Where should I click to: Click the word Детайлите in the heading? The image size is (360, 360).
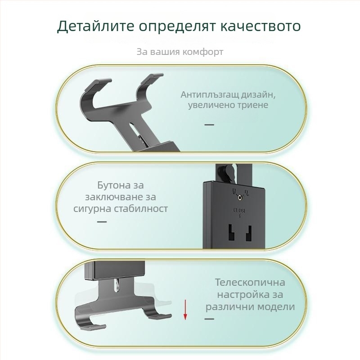point(95,26)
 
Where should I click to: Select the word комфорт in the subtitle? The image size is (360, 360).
point(202,52)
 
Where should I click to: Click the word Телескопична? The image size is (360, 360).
point(250,283)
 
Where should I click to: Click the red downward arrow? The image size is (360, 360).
point(185,310)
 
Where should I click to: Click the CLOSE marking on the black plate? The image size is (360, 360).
point(239,210)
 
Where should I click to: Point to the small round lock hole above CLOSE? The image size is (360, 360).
point(240,197)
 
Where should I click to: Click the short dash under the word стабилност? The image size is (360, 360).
point(102,222)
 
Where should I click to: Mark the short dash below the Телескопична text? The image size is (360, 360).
point(209,319)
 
